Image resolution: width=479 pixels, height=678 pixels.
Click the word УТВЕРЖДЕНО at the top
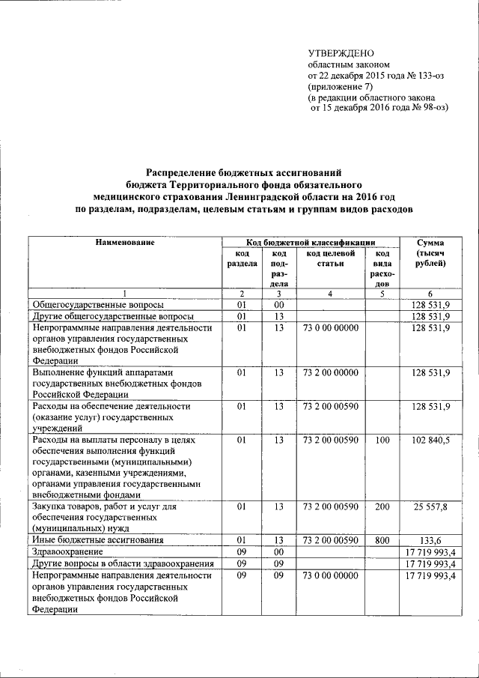pyautogui.click(x=341, y=52)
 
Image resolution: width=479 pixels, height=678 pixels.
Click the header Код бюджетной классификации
pyautogui.click(x=311, y=243)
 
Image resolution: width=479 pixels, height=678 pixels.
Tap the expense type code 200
pyautogui.click(x=382, y=507)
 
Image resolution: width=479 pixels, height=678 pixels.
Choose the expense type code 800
pyautogui.click(x=382, y=539)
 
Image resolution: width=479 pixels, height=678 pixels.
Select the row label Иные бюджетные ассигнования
pyautogui.click(x=91, y=539)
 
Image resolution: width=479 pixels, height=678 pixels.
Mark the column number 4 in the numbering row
pyautogui.click(x=329, y=293)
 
